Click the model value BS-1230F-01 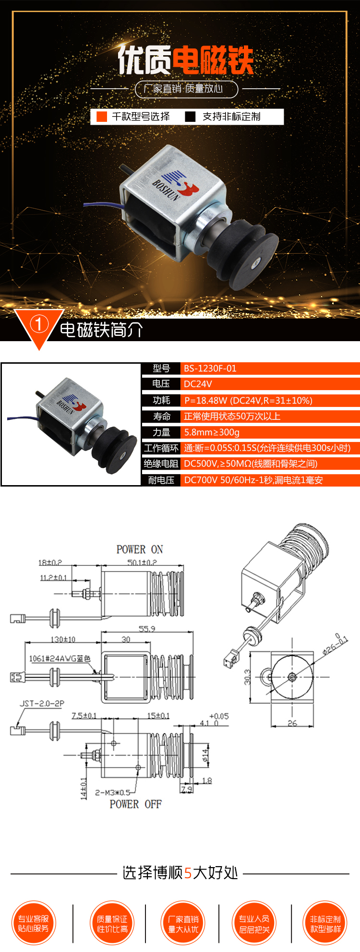click(210, 369)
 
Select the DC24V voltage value click(198, 384)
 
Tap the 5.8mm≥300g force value click(212, 432)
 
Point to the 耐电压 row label click(161, 480)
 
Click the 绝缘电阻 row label click(161, 464)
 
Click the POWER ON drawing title click(140, 549)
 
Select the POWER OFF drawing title click(135, 804)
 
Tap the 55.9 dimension click(147, 629)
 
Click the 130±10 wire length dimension click(63, 639)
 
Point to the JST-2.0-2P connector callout click(42, 703)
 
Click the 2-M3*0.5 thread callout click(112, 792)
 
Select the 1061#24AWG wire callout click(60, 659)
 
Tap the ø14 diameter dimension click(206, 755)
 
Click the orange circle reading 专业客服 click(34, 923)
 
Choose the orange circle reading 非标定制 click(325, 923)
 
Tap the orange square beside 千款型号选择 click(102, 117)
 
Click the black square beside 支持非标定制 click(191, 117)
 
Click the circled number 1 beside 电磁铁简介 click(39, 324)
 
